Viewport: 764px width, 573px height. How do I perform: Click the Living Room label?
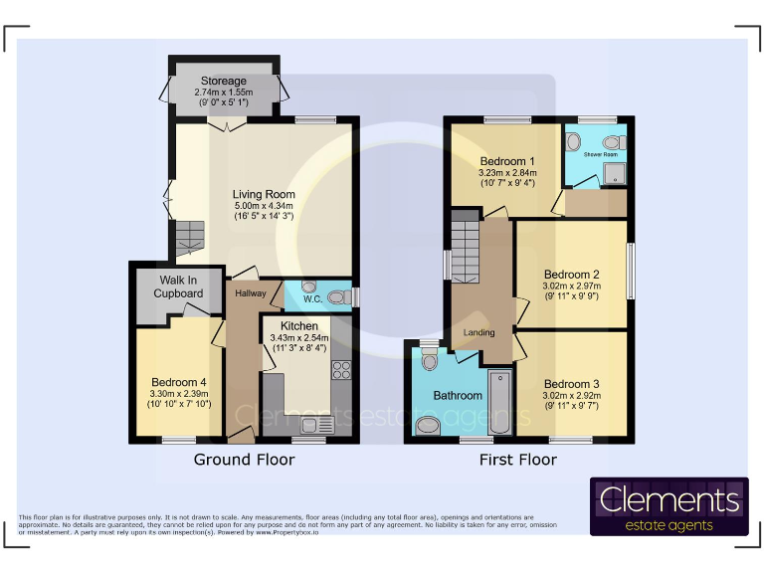point(264,194)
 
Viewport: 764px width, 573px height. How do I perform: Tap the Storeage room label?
point(223,81)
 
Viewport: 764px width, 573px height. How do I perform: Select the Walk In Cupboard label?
point(178,286)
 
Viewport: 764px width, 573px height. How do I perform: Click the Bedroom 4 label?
point(180,381)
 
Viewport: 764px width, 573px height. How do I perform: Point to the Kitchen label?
point(298,326)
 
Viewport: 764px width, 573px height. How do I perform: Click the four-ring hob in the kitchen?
point(341,370)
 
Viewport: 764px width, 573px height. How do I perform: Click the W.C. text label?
point(310,297)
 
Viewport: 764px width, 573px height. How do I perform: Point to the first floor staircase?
point(466,249)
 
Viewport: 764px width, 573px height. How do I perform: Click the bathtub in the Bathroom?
point(499,402)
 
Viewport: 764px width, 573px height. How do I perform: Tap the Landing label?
point(480,333)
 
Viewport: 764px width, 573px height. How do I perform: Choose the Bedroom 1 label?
point(506,161)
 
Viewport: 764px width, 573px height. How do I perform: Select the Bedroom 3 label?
point(571,384)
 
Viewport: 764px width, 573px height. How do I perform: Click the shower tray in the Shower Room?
point(616,176)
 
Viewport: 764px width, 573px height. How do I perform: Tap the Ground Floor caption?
point(244,460)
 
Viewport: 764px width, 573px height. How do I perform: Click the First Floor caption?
point(518,460)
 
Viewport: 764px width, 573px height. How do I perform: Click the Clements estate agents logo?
point(668,507)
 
